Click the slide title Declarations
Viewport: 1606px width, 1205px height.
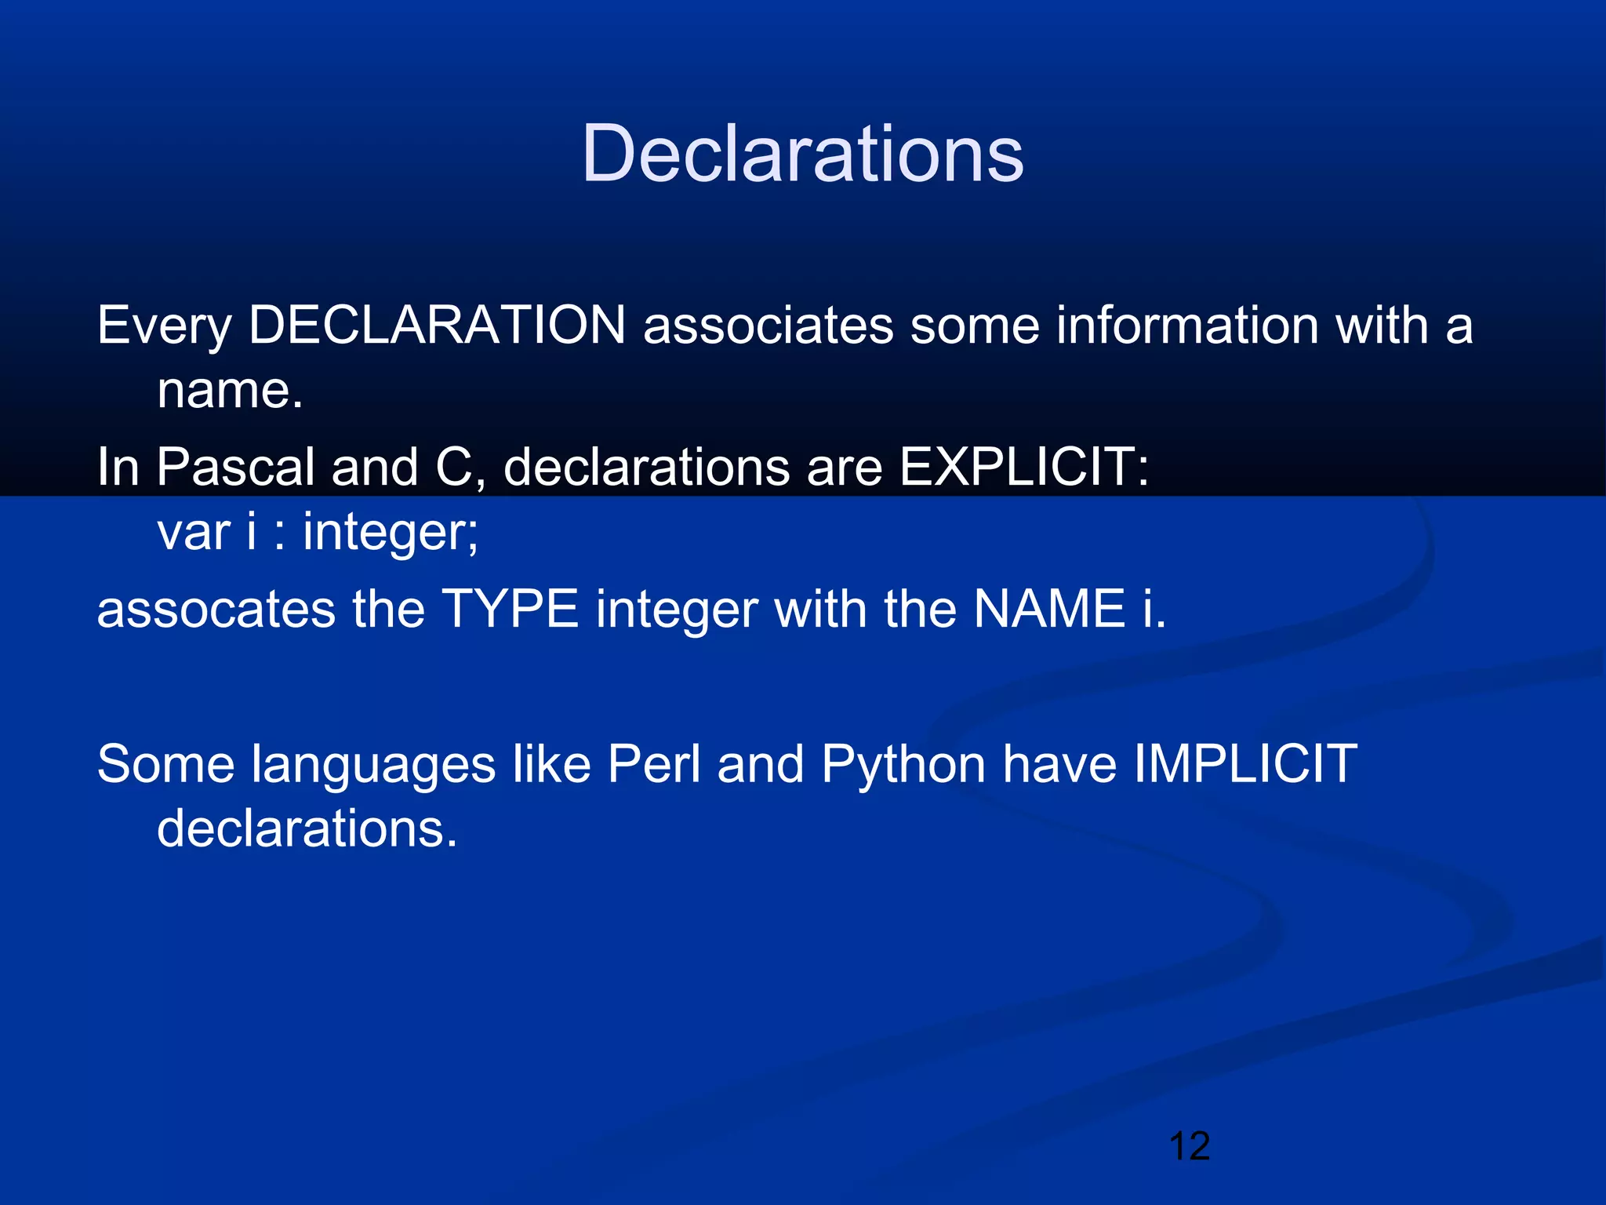tap(802, 154)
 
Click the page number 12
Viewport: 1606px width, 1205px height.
tap(1189, 1146)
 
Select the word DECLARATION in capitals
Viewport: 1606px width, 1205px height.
tap(437, 325)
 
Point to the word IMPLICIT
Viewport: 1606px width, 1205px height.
tap(1245, 763)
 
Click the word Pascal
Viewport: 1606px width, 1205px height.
tap(235, 467)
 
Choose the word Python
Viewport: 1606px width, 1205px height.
tap(903, 765)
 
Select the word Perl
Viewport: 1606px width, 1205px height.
tap(653, 763)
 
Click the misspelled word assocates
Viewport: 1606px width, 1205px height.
tap(216, 610)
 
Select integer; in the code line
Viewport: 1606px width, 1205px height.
tap(391, 533)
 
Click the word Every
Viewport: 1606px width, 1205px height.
tap(164, 326)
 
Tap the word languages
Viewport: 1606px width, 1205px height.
tap(373, 765)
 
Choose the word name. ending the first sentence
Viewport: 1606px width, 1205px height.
tap(230, 390)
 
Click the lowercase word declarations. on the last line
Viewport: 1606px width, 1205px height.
tap(307, 828)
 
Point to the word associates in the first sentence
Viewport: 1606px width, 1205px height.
tap(768, 325)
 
